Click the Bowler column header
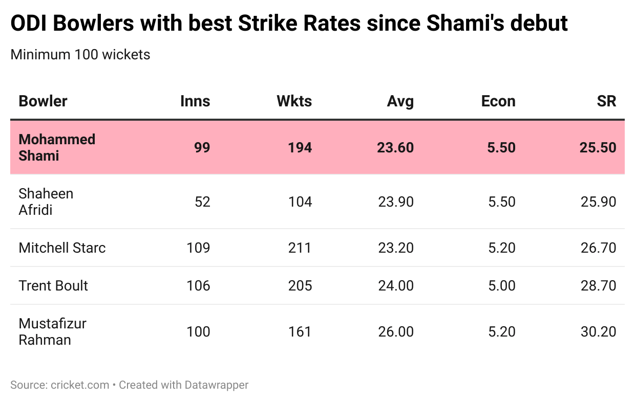(x=43, y=101)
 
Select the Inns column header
(x=195, y=101)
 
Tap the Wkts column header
(x=294, y=101)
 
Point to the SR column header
(x=606, y=101)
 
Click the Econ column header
(x=498, y=101)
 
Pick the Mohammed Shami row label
(x=57, y=147)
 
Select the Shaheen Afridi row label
(x=46, y=202)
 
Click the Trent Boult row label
(x=53, y=285)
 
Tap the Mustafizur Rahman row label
(x=52, y=331)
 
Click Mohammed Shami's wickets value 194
(x=300, y=148)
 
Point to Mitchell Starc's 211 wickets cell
(x=300, y=248)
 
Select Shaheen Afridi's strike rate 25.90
(x=598, y=202)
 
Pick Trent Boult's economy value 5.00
(x=502, y=285)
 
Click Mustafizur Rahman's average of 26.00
(x=395, y=332)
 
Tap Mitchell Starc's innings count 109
(x=198, y=248)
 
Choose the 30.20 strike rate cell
(x=598, y=332)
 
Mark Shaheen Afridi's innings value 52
(x=202, y=202)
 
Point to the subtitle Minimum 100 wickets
(x=80, y=54)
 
